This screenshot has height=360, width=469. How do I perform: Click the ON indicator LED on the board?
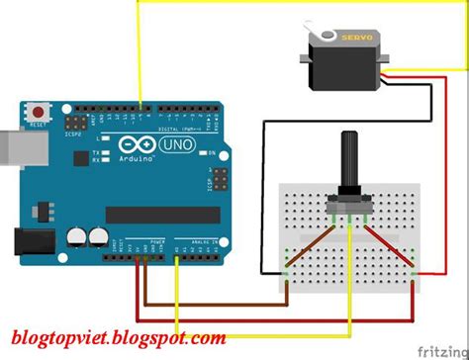coord(209,152)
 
